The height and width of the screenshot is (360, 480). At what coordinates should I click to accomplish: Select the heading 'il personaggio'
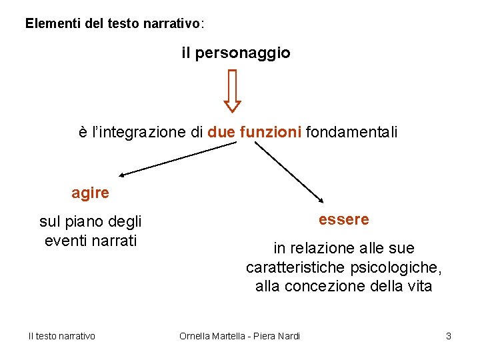tap(236, 53)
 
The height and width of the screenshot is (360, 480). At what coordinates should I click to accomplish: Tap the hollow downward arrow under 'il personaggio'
tap(232, 91)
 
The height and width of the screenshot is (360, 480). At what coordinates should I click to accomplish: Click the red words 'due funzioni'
tap(255, 132)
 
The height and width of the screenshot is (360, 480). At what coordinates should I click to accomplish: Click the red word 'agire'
tap(90, 193)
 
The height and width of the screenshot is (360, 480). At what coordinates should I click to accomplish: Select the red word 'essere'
tap(343, 219)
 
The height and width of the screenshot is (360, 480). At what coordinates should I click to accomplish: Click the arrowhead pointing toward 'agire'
tap(123, 175)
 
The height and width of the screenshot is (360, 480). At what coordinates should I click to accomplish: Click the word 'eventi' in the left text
tap(64, 241)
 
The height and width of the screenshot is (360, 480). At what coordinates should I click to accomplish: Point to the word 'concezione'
tap(319, 286)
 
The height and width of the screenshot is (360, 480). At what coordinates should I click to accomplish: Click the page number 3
tap(449, 336)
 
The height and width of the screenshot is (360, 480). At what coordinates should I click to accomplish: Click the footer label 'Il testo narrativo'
tap(61, 336)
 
